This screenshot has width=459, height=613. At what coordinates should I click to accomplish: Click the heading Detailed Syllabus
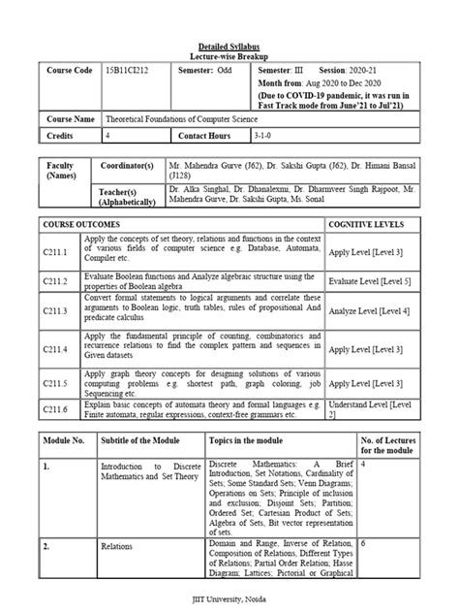(x=229, y=47)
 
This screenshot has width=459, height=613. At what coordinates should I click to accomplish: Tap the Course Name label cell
(x=69, y=117)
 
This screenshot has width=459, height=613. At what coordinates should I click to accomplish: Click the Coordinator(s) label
(x=136, y=167)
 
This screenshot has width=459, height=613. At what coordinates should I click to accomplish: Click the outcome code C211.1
(x=60, y=251)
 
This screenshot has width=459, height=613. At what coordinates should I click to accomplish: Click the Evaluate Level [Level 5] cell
(x=368, y=280)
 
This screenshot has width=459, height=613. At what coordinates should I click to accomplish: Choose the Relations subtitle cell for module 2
(x=120, y=546)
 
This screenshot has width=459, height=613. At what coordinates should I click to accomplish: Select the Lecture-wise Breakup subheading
(x=229, y=57)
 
